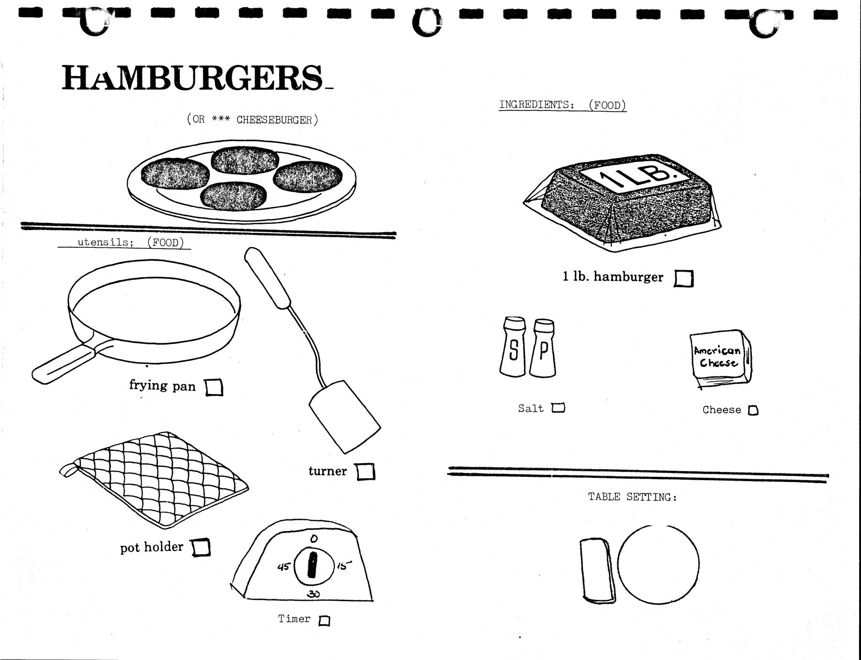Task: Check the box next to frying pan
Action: tap(214, 387)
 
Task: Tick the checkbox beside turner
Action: tap(366, 472)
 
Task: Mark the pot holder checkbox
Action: tap(201, 547)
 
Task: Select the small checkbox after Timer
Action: tap(324, 621)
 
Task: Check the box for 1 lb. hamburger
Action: tap(683, 278)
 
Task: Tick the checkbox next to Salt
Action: tap(558, 408)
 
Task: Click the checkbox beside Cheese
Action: tap(753, 410)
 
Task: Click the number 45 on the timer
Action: tap(284, 567)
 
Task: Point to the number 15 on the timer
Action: tap(344, 566)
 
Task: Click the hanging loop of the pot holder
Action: tap(67, 470)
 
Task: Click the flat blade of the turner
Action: tap(345, 416)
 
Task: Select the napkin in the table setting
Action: tap(597, 569)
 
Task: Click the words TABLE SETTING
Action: tap(632, 497)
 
